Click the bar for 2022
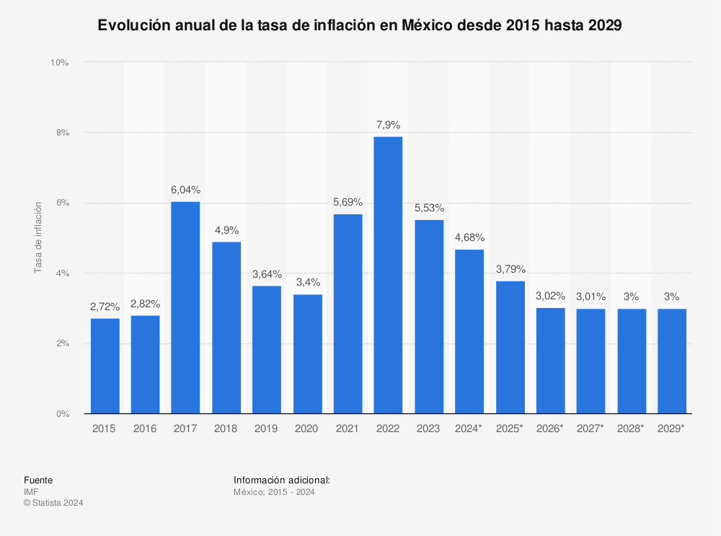pos(388,275)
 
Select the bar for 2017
pos(185,307)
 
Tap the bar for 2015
pos(105,366)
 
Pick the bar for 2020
pos(307,353)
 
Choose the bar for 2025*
pos(510,347)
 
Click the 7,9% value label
pos(388,125)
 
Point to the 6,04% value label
pos(185,190)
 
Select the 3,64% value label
pos(267,274)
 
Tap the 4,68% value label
pos(469,237)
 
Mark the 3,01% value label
pos(590,296)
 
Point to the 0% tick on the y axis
pos(61,414)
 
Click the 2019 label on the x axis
pos(267,429)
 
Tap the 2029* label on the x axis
pos(671,429)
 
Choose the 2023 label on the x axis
pos(428,429)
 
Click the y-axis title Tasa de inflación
pos(38,238)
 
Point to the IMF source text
pos(30,492)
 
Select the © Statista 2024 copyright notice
pos(53,503)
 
